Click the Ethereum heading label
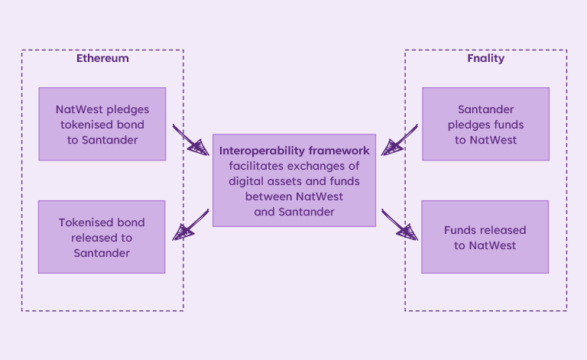[x=102, y=58]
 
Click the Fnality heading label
[x=485, y=58]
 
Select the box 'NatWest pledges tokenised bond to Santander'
[x=102, y=124]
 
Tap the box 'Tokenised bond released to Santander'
[x=102, y=237]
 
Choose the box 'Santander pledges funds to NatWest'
[x=485, y=124]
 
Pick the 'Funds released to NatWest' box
[x=485, y=237]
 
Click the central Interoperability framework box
[x=294, y=180]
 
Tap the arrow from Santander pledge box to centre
[x=399, y=139]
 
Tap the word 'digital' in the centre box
[x=248, y=181]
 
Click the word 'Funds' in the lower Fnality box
[x=459, y=230]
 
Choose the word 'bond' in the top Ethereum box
[x=128, y=124]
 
